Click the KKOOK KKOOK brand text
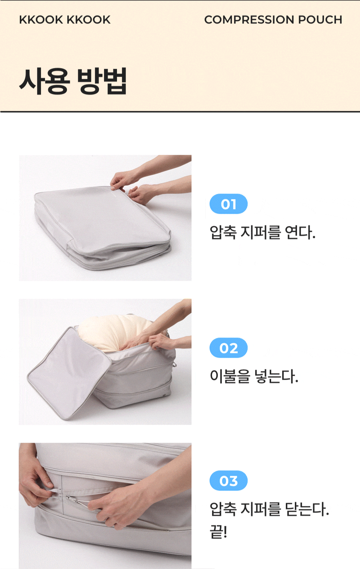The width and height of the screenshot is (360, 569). tap(65, 19)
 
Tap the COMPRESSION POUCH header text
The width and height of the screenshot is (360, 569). tap(273, 19)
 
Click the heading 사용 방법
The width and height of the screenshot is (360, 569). tap(73, 81)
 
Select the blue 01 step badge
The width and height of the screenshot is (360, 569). tap(228, 204)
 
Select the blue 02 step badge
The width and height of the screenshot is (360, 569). tap(228, 348)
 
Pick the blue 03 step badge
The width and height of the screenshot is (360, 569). tap(228, 480)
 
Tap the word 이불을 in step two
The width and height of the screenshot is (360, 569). tap(230, 376)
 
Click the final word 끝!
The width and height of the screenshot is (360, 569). tap(218, 532)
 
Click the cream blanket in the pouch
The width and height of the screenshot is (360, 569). tap(114, 331)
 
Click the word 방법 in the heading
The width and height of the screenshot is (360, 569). tap(102, 81)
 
